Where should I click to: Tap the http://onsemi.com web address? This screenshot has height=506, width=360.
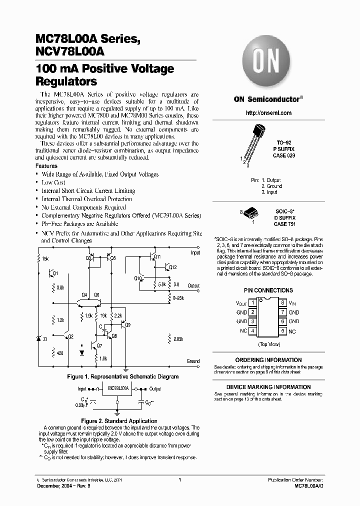click(x=268, y=113)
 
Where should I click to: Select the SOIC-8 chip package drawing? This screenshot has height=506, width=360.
click(x=253, y=213)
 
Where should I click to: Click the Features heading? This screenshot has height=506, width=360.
click(x=46, y=166)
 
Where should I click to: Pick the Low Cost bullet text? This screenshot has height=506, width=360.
click(x=53, y=182)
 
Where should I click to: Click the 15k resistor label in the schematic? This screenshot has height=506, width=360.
click(x=45, y=258)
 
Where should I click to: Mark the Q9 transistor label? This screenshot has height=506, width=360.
click(x=128, y=325)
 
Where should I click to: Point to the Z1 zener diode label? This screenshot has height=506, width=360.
click(x=45, y=339)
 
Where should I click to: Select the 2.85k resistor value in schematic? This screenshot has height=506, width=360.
click(x=178, y=339)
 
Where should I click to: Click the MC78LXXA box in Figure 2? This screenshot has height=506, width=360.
click(x=118, y=388)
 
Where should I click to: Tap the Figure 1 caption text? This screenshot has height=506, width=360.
click(x=122, y=376)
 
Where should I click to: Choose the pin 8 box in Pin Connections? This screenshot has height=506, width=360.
click(x=282, y=302)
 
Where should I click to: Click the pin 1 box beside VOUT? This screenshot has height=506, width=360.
click(x=253, y=302)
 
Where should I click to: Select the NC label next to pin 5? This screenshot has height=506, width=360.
click(x=292, y=331)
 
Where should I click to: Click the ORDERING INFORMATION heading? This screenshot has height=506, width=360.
click(x=268, y=360)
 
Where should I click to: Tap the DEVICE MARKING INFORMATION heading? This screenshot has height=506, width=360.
click(x=268, y=387)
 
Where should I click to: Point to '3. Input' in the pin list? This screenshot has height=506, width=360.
click(x=269, y=192)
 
